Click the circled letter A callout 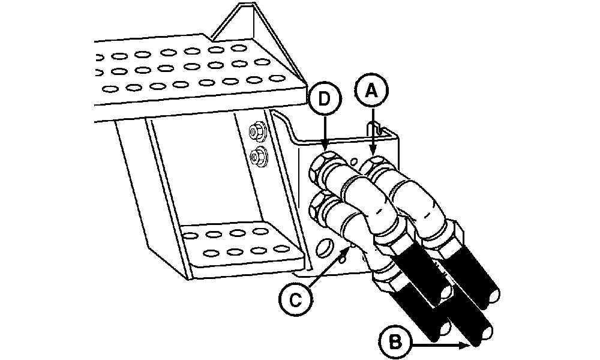371,91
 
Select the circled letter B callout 395,341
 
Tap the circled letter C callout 295,299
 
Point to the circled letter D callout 325,99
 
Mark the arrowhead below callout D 325,147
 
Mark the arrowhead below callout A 373,151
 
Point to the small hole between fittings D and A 355,160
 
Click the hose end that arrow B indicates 483,334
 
